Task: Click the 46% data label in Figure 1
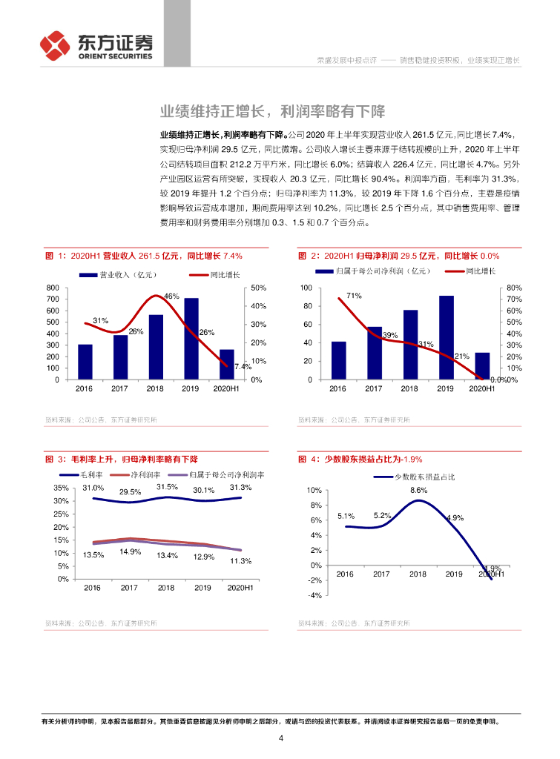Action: (171, 296)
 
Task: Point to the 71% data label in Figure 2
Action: (354, 296)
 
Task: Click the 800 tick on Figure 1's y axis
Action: (53, 288)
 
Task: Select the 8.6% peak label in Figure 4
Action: (418, 491)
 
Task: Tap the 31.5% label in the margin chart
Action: (167, 487)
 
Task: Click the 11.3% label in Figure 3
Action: (240, 561)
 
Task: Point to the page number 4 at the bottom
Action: (281, 738)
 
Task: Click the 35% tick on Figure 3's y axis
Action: (62, 488)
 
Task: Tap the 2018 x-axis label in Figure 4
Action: (418, 574)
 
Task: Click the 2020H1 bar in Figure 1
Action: (227, 364)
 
